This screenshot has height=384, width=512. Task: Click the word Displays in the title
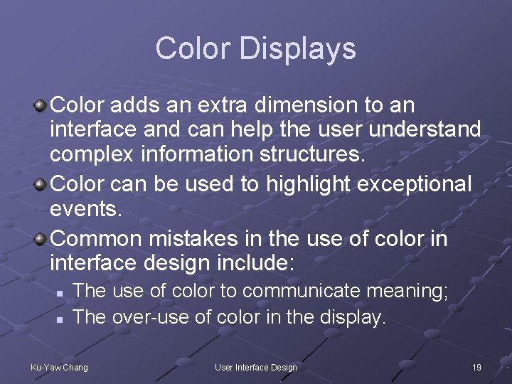(297, 49)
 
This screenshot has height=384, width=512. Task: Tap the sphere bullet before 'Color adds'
(41, 106)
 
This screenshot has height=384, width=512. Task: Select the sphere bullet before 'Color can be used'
(41, 185)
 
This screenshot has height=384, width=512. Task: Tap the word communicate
(303, 291)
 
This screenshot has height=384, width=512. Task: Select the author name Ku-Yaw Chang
(59, 367)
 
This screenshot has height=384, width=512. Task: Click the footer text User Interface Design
(256, 367)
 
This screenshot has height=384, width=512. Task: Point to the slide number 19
(476, 367)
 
